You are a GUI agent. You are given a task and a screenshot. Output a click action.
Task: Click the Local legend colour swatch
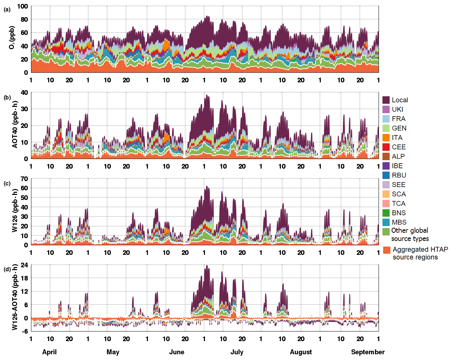coord(386,100)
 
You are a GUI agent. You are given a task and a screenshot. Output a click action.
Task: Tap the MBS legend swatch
coord(386,222)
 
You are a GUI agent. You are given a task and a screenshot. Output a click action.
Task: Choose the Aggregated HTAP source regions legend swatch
coord(386,250)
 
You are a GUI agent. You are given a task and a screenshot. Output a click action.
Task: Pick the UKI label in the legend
coord(397,109)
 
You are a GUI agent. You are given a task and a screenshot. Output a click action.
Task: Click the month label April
coord(49,352)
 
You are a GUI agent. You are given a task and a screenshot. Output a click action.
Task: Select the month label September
coord(368,352)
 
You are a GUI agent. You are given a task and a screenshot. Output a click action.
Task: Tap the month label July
coord(237,352)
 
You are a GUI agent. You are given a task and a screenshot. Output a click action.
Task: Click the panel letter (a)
coord(7,10)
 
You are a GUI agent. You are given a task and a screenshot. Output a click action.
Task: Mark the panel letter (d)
coord(7,269)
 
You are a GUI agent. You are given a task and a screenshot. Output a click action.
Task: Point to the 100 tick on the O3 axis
coord(22,6)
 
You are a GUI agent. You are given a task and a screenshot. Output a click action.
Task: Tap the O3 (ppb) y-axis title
coord(12,37)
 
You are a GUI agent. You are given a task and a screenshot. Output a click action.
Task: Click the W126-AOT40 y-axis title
coord(15,297)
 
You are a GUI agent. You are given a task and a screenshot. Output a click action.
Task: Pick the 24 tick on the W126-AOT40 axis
coord(24,265)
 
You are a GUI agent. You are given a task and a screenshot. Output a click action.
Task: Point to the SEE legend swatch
coord(386,185)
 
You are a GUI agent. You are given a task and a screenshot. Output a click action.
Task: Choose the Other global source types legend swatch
coord(386,232)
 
